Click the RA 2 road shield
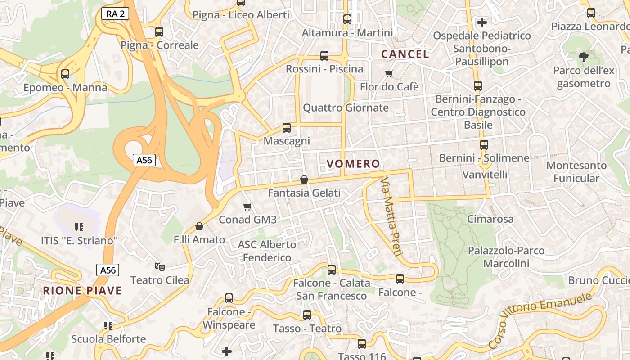[116, 13]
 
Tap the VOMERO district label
[353, 164]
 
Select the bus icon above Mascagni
[287, 128]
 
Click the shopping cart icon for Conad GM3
[247, 207]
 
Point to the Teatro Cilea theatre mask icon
[159, 267]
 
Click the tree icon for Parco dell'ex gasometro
[584, 57]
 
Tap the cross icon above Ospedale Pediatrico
[482, 22]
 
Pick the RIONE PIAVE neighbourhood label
[82, 291]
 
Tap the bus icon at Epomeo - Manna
[65, 74]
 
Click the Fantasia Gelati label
[304, 193]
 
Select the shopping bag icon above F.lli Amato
[199, 226]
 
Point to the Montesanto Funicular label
[576, 172]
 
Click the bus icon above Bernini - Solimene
[484, 145]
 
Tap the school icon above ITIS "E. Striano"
[79, 227]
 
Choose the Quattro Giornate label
[346, 108]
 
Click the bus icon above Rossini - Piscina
[324, 56]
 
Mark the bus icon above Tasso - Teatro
[307, 315]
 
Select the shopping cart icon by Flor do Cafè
[389, 73]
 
